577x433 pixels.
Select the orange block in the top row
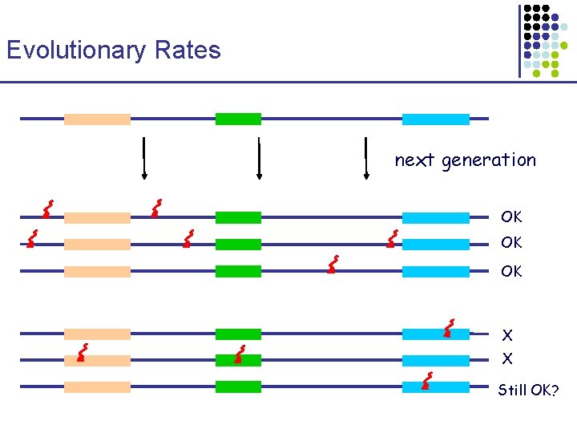[97, 119]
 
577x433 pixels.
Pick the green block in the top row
[238, 119]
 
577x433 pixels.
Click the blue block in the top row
[435, 119]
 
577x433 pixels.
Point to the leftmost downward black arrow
[143, 159]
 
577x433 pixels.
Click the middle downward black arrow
[259, 159]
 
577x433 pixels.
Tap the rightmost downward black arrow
[365, 159]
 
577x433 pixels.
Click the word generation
[488, 160]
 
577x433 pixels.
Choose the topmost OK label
[511, 217]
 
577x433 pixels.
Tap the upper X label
[507, 334]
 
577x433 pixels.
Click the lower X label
[507, 358]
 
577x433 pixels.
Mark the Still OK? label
[528, 391]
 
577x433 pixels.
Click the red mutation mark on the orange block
[80, 354]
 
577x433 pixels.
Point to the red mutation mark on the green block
[239, 354]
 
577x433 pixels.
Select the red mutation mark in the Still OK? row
[427, 381]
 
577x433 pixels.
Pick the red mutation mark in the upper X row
[449, 328]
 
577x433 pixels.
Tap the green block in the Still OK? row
[238, 386]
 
